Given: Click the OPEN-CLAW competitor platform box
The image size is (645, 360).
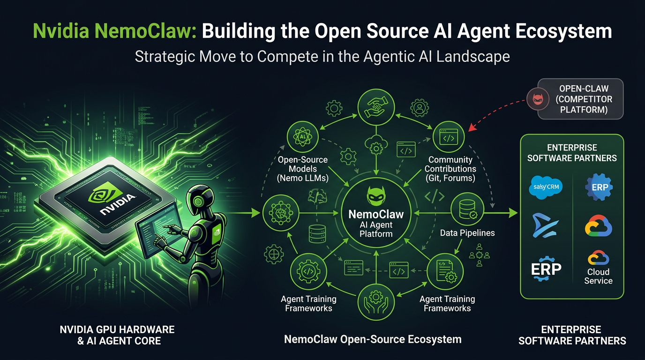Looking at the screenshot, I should coord(580,98).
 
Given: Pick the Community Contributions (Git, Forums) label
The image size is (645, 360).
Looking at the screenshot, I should coord(450,169).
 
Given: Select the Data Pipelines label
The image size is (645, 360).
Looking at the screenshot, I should coord(467,232).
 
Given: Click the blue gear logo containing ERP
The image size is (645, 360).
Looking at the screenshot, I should coord(599,187).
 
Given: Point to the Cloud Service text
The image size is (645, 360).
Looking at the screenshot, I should coord(598,276).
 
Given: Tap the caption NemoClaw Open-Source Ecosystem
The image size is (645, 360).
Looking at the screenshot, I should coord(373,339).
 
